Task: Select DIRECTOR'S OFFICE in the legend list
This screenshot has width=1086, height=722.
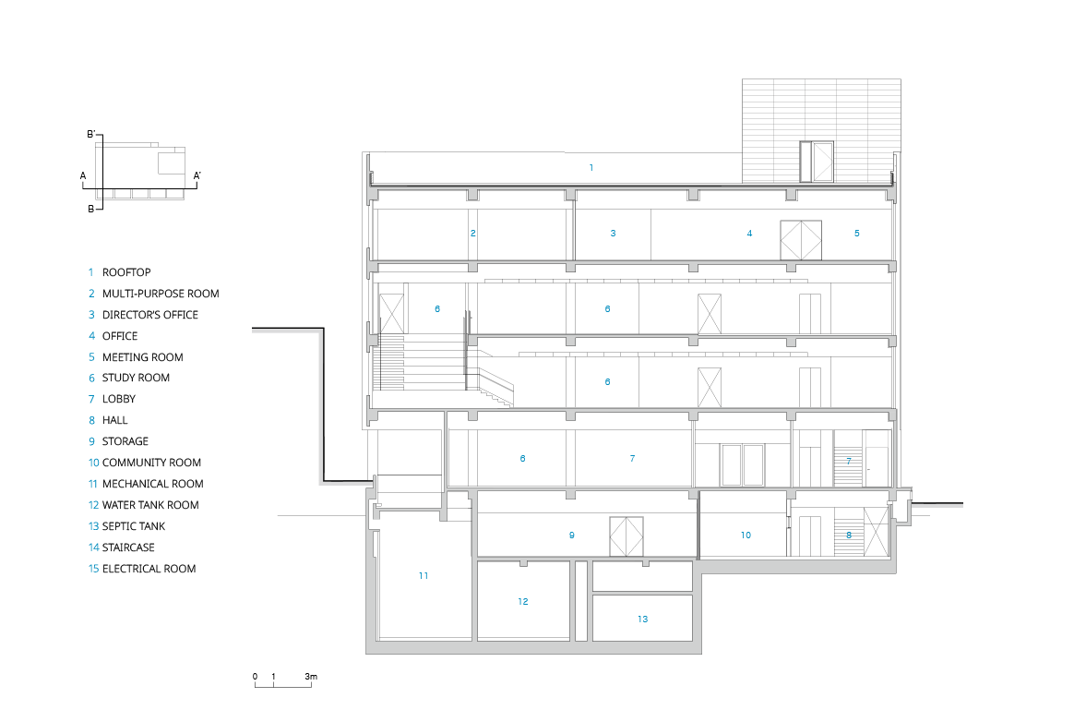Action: (149, 315)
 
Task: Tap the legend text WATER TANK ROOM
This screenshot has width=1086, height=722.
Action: (149, 505)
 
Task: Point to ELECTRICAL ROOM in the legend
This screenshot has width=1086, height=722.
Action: (149, 569)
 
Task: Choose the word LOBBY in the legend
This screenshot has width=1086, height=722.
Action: (119, 399)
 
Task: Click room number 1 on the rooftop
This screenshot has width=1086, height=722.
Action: (591, 167)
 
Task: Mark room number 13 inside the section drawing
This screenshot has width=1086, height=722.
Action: (642, 619)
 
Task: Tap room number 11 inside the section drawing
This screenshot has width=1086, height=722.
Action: (423, 575)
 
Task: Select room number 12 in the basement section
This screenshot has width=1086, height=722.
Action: (522, 601)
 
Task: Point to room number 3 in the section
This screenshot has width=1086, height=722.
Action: (613, 234)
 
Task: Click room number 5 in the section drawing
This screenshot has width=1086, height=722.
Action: (856, 234)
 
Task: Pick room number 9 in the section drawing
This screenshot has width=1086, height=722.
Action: (571, 535)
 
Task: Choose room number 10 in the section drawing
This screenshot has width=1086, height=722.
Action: (746, 535)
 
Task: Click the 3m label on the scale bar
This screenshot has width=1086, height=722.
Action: (311, 678)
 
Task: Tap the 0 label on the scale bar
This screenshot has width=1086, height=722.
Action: (255, 678)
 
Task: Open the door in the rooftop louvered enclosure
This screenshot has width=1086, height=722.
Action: (817, 162)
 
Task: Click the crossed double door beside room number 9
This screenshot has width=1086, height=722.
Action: (626, 536)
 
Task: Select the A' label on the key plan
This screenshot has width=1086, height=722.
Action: (197, 174)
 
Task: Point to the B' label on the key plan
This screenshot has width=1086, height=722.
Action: (91, 135)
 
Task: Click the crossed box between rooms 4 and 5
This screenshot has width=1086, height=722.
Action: (800, 240)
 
